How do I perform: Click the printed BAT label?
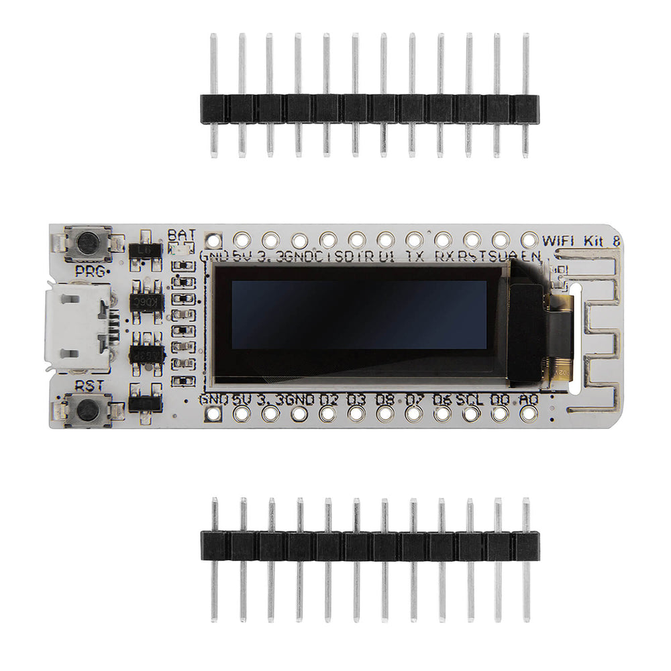tap(182, 234)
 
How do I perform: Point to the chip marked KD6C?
tap(145, 301)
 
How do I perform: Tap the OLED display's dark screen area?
tap(359, 314)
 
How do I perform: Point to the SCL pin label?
tap(470, 399)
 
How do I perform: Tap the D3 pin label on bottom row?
tap(356, 399)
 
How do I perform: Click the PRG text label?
tap(89, 271)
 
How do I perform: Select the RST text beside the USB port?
tap(89, 385)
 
